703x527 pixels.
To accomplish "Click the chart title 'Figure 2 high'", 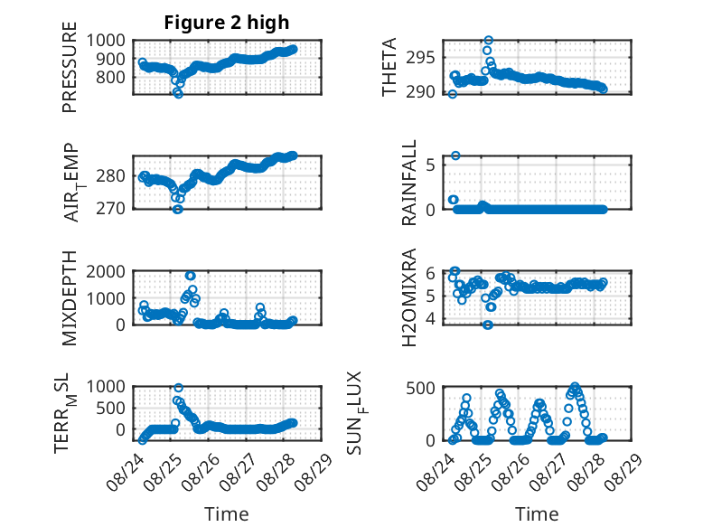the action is tap(227, 23).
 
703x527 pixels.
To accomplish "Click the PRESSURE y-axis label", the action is tap(70, 67).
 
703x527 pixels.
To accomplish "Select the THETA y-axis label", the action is tap(389, 67).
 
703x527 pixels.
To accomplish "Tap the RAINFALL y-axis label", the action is tap(409, 183).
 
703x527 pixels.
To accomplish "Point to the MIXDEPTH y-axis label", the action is tap(70, 298).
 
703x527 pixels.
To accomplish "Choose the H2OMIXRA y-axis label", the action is tap(409, 297).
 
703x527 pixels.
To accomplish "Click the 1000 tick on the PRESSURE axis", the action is tap(106, 41).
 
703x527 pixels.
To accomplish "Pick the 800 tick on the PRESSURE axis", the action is tap(110, 77).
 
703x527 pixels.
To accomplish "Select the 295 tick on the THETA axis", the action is tap(420, 58).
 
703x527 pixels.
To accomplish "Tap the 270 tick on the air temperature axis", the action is tap(110, 208).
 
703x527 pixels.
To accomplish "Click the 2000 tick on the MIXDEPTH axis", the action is tap(106, 271).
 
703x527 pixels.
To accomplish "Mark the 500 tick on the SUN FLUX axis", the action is tap(420, 388).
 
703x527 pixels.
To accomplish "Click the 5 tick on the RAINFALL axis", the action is tap(431, 165).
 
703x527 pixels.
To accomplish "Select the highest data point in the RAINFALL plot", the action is tap(455, 155).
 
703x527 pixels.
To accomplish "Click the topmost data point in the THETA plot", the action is tap(488, 41).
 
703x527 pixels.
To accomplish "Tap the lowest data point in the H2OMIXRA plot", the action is tap(488, 325).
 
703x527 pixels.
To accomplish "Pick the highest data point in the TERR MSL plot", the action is tap(178, 388).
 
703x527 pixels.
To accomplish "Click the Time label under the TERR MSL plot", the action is tap(227, 514).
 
